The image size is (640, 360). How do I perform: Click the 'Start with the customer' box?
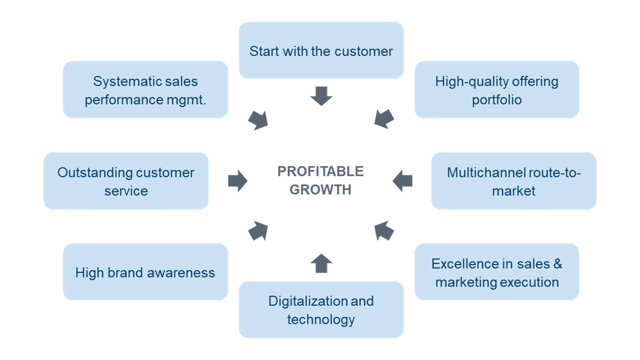coord(321,50)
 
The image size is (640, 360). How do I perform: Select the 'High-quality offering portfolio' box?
coord(497,89)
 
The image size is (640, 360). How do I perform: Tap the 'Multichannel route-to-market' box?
coord(513,181)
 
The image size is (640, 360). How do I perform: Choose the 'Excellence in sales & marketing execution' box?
coord(497,271)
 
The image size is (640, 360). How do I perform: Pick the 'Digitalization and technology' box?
coord(321,309)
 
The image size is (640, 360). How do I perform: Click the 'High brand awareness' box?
coord(145,271)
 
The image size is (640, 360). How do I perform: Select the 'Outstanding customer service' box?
coord(126,181)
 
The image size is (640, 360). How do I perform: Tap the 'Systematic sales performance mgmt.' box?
coord(145,89)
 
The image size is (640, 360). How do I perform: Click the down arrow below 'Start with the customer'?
coord(321,96)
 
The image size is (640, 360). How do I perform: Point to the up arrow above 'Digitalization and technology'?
coord(321,263)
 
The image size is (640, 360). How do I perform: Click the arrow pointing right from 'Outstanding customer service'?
coord(237,181)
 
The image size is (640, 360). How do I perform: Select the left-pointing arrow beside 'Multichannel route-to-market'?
coord(402,181)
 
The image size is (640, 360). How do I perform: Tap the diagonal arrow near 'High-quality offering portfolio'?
coord(383,119)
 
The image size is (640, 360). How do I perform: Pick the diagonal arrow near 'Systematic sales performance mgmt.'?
coord(258,120)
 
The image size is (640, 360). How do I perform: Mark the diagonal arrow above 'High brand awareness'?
coord(258,230)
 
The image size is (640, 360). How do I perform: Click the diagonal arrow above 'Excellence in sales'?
coord(383,230)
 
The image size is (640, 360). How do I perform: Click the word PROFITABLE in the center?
coord(320,171)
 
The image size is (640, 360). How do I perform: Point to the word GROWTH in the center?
coord(320,189)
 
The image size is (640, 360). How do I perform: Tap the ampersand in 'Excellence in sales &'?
coord(557,263)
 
